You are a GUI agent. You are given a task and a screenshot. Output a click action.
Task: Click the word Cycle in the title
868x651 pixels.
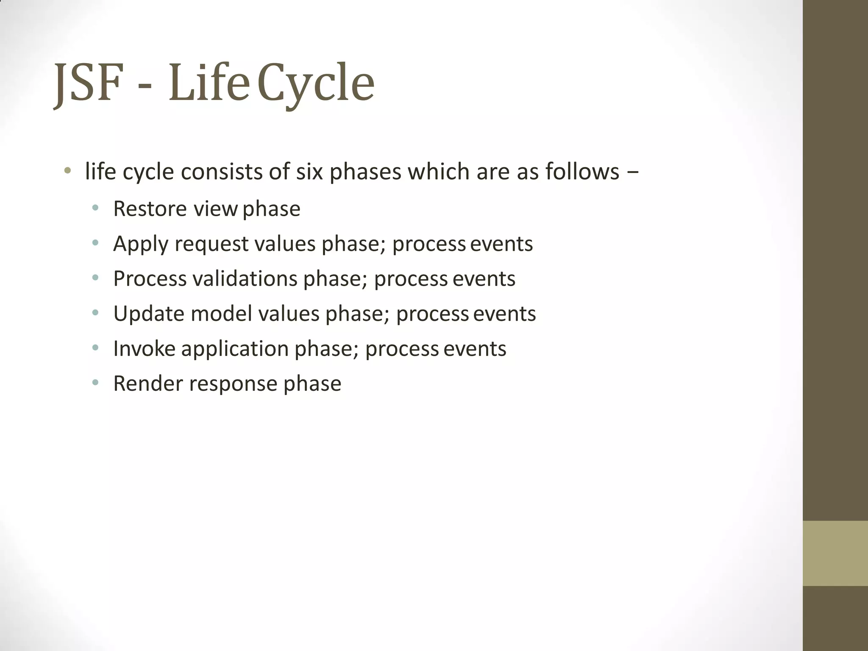(316, 83)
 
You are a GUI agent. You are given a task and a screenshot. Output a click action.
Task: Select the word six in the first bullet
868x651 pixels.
(309, 172)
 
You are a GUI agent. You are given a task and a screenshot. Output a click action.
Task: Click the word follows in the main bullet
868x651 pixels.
(582, 172)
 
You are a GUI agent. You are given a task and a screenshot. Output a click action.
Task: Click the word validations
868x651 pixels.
(245, 279)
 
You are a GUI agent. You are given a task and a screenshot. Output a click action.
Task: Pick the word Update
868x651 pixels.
(149, 314)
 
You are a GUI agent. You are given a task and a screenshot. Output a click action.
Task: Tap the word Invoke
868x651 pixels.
(144, 349)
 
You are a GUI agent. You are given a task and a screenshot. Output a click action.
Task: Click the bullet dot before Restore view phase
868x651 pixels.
(95, 208)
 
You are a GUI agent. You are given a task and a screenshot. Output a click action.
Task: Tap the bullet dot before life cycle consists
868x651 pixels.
(67, 172)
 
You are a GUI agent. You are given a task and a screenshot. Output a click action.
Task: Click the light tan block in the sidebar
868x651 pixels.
(835, 553)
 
